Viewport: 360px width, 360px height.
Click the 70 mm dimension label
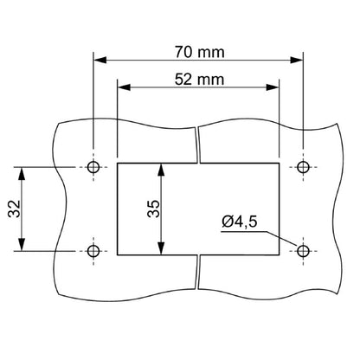click(x=198, y=51)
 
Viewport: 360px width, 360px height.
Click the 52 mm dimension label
click(x=198, y=79)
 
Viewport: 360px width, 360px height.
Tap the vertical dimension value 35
click(x=152, y=209)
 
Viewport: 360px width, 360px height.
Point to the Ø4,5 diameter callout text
click(x=238, y=223)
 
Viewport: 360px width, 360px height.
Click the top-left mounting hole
click(x=93, y=166)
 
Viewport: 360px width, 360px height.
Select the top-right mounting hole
click(x=303, y=166)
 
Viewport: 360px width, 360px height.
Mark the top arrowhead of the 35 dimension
click(x=162, y=168)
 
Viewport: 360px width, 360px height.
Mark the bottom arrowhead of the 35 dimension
click(x=162, y=250)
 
